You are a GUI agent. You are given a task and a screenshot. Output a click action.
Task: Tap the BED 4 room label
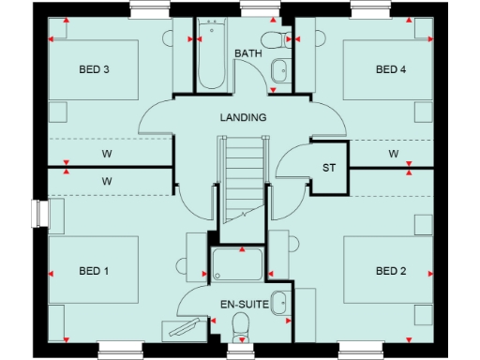coord(391,69)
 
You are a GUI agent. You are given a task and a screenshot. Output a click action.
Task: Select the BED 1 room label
coord(94,271)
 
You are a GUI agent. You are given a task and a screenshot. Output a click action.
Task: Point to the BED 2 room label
coord(391,271)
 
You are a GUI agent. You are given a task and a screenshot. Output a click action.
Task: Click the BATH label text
coord(248,53)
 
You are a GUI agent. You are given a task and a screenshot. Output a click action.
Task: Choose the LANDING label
coord(244,118)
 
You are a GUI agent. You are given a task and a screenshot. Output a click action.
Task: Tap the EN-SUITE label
coord(244,305)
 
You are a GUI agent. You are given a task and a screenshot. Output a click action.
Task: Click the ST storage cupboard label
coord(329,168)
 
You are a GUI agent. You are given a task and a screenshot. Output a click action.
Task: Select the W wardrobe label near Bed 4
coord(394,154)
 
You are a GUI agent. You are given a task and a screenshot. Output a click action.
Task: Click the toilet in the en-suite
coord(241,327)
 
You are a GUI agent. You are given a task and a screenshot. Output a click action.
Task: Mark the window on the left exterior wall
coord(39,214)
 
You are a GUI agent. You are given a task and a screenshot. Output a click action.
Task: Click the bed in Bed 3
coord(94,70)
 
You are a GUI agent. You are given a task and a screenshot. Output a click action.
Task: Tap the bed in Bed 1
coord(94,272)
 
